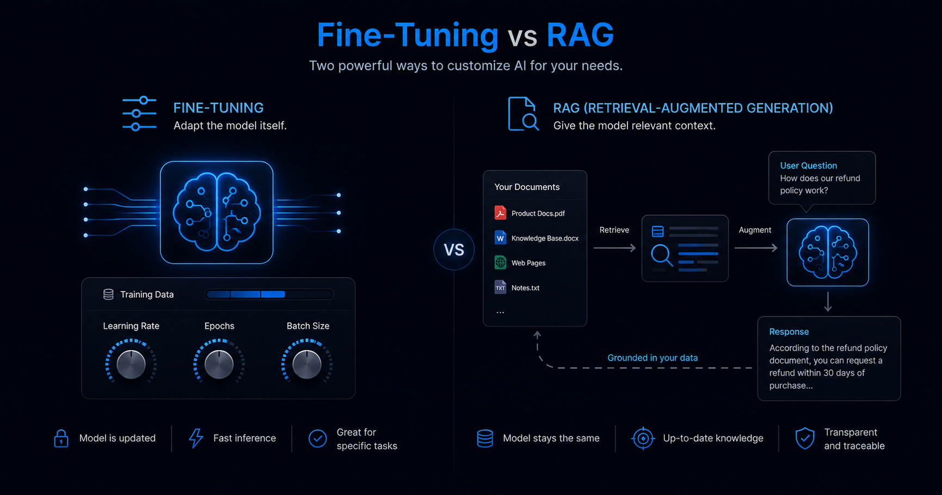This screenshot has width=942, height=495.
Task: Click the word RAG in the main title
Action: [580, 35]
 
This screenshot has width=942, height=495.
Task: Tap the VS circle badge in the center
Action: [454, 250]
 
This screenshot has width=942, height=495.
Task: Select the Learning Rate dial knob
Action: [131, 364]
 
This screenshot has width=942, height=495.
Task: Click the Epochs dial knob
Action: [219, 364]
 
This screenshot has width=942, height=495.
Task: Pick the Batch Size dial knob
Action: [307, 364]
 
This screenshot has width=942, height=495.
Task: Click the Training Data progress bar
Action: [269, 295]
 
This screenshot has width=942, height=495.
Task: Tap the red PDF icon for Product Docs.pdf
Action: [500, 213]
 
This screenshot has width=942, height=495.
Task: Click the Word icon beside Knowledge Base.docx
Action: [500, 238]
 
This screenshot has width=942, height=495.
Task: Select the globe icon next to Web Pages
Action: [500, 262]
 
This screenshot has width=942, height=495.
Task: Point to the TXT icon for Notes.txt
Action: [500, 288]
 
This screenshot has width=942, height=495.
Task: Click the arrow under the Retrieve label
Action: [614, 248]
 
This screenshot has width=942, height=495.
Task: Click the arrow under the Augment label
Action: [756, 248]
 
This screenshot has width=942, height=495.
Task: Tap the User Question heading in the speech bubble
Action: [809, 166]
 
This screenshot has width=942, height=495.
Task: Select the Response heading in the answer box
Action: [789, 332]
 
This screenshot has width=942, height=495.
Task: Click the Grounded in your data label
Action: [652, 358]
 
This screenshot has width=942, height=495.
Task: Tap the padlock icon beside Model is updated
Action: [61, 438]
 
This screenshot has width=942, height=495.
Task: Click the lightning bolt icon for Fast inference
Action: [196, 438]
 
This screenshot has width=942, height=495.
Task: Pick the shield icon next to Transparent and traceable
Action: [805, 438]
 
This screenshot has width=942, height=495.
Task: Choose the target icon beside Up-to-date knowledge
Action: [643, 438]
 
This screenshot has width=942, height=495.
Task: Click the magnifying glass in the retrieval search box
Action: [662, 255]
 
